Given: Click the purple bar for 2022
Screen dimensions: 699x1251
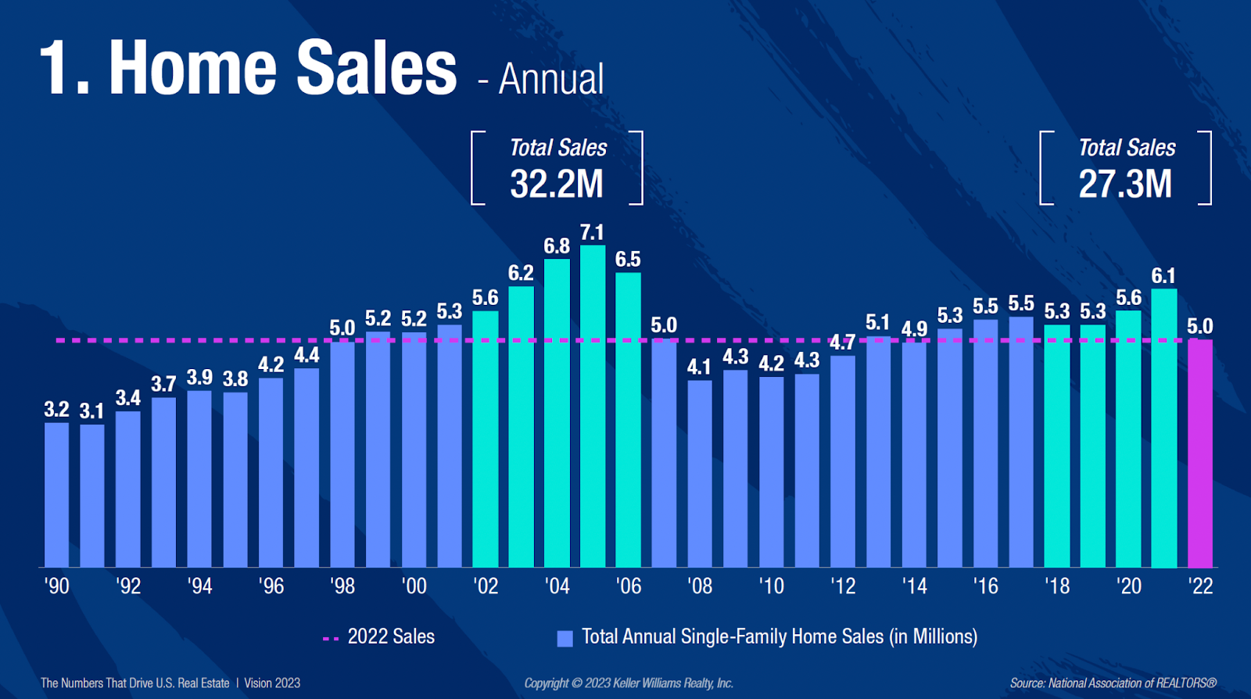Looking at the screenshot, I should coord(1200,453).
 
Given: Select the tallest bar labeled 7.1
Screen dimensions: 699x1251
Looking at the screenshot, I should coord(593,407).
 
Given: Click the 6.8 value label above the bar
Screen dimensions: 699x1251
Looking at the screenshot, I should coord(557,246).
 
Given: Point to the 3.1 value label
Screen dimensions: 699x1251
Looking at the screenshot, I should coord(91,411).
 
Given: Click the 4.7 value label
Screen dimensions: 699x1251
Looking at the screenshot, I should coord(842,342).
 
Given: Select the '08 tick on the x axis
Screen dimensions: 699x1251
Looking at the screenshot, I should coord(700,586).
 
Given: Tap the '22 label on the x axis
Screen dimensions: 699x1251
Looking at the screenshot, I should coord(1200,586).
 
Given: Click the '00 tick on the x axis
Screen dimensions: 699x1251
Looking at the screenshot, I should coord(414,586).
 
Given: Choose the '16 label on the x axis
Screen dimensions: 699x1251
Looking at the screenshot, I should coord(985,586).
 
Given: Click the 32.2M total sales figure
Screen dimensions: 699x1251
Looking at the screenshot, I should coord(557,185).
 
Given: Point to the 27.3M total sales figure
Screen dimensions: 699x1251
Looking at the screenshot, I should coord(1125,185).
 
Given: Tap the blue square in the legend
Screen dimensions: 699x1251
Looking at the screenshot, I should coord(565,639).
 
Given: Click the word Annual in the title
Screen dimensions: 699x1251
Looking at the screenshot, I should coord(551,80).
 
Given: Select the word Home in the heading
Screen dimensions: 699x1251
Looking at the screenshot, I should coord(192,69).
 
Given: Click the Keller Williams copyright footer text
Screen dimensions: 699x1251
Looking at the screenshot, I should coord(629,683).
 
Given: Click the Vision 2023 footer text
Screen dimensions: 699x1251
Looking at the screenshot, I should coord(272,683).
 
